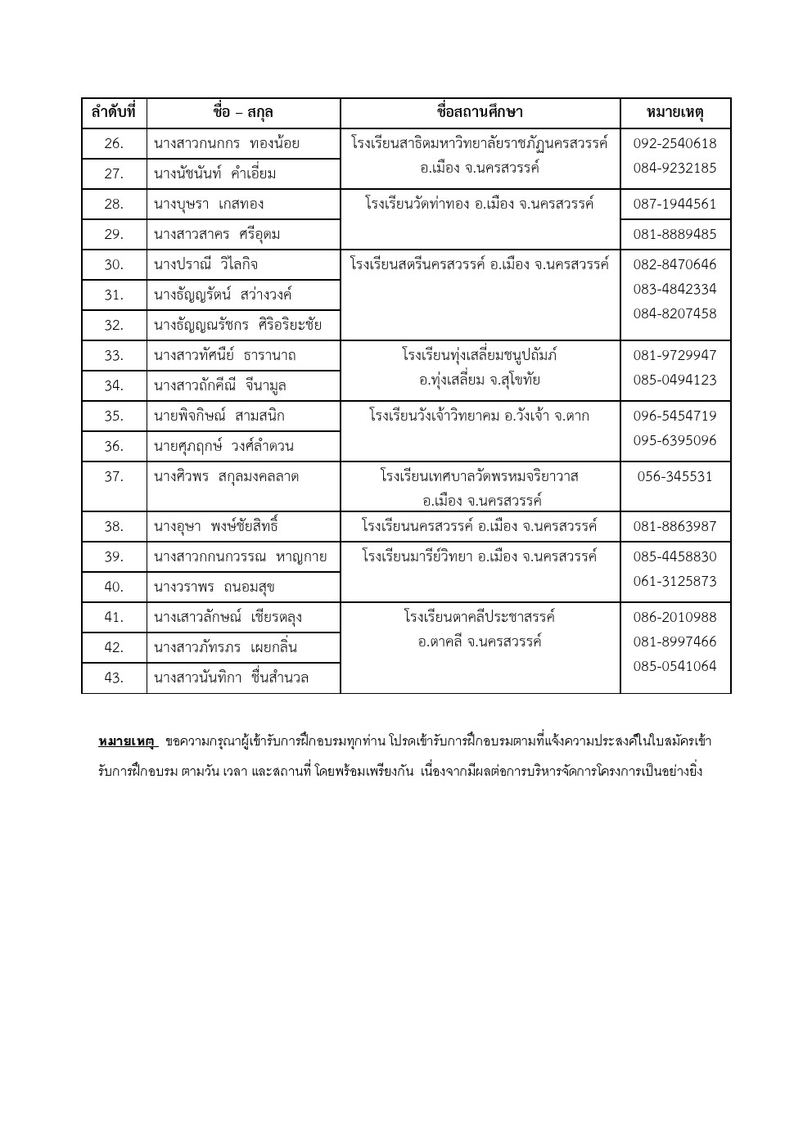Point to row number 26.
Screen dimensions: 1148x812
coord(114,143)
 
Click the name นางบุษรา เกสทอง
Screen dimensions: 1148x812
coord(209,204)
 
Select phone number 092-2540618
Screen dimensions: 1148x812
coord(675,143)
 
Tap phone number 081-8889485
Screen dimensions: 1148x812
coord(675,234)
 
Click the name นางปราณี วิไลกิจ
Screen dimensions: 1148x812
coord(206,264)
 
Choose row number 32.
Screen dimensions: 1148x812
coord(114,325)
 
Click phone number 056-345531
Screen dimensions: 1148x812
coord(675,476)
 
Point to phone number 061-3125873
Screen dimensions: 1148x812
coord(675,581)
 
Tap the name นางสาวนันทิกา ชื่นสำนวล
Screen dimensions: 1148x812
coord(232,678)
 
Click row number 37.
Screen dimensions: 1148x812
coord(114,476)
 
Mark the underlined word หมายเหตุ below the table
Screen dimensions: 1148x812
coord(127,741)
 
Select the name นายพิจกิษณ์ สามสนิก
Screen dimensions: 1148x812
coord(219,416)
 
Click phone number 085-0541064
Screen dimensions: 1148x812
coord(675,666)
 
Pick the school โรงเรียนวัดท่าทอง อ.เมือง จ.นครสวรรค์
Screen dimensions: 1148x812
coord(480,204)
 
